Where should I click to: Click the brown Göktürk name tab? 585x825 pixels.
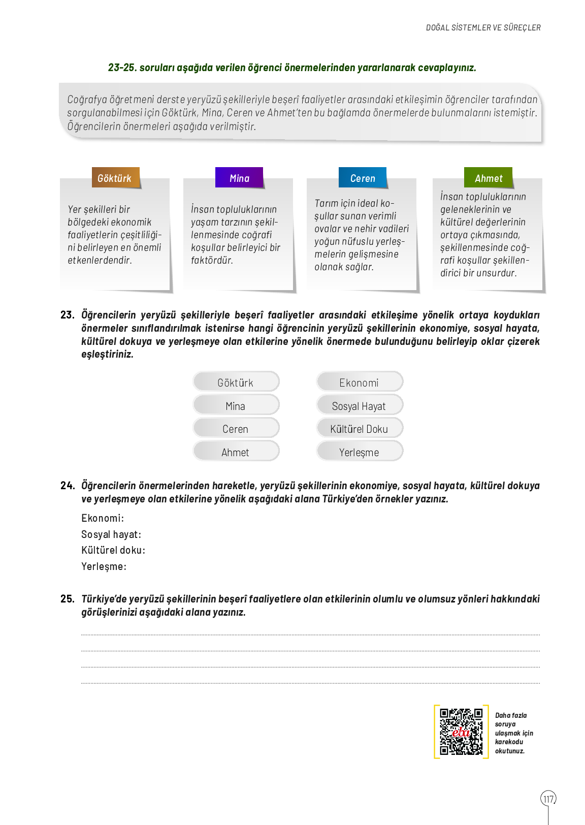[x=115, y=178]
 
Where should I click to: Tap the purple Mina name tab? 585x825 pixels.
[x=239, y=178]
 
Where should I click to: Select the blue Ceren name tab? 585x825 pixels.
[x=363, y=178]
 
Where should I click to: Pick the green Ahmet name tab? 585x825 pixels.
[x=488, y=178]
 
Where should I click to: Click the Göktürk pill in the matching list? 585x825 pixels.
[x=236, y=382]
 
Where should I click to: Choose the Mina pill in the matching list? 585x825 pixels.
[x=236, y=405]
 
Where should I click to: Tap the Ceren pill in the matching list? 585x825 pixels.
[x=236, y=428]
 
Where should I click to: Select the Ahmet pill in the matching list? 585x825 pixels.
[x=236, y=452]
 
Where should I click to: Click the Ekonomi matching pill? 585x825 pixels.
[x=360, y=382]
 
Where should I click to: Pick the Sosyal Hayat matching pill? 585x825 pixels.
[x=360, y=405]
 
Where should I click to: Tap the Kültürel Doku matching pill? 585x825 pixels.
[x=360, y=428]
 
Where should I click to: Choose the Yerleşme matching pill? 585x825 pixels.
[x=360, y=452]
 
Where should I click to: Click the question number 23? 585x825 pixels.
[x=67, y=315]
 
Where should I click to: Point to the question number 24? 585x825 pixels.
[x=67, y=486]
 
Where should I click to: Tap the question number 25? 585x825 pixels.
[x=67, y=599]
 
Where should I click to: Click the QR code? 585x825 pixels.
[x=461, y=732]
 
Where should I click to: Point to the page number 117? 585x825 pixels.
[x=548, y=799]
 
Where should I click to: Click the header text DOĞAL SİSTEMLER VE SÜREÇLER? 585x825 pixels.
[x=483, y=27]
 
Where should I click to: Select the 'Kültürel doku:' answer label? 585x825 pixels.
[x=113, y=550]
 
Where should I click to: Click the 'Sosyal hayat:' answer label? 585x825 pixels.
[x=111, y=534]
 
